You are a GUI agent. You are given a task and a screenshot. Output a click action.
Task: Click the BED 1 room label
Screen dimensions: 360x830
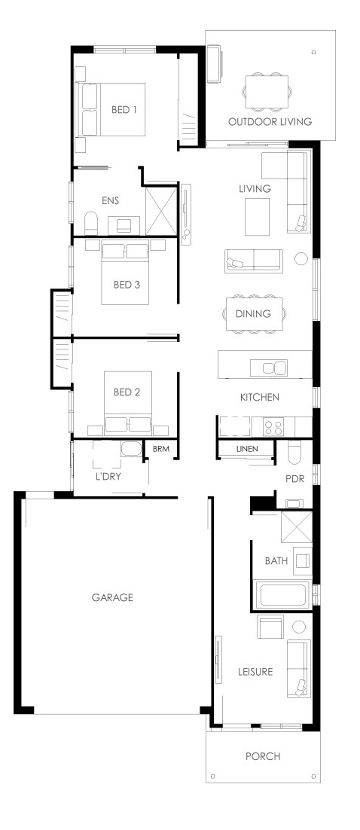coord(124,110)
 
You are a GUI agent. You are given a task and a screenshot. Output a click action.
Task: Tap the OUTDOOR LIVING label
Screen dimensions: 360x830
coord(270,122)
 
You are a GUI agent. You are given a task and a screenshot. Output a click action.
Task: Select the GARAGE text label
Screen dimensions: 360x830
coord(112,597)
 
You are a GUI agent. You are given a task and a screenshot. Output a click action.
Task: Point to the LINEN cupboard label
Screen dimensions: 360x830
coord(247,449)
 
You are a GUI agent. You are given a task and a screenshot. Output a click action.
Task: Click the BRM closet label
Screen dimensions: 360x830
coord(160,449)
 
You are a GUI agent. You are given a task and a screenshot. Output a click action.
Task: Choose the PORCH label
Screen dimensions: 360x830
coord(263,756)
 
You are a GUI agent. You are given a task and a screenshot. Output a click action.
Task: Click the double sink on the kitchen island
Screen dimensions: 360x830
coord(269,368)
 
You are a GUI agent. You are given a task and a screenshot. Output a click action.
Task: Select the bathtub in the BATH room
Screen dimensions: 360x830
coord(283,594)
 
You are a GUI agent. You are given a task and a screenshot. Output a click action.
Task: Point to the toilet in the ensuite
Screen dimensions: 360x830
coord(92,224)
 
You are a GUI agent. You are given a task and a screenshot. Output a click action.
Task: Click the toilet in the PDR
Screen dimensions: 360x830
coord(294,453)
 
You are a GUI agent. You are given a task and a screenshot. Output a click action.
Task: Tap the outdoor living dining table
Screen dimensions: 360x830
coord(267,92)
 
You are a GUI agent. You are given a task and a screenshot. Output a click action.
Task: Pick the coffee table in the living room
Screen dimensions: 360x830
coord(258,216)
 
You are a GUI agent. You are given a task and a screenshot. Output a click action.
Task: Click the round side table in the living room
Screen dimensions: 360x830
coord(301,259)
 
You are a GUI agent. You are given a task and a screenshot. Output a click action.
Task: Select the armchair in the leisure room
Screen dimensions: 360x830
coord(270,627)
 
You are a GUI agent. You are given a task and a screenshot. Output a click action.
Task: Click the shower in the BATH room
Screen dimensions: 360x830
coord(297,527)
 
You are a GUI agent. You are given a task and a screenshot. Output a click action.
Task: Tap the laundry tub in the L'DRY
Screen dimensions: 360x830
coord(130,449)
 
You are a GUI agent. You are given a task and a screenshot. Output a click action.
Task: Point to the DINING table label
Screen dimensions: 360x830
coord(253,314)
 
